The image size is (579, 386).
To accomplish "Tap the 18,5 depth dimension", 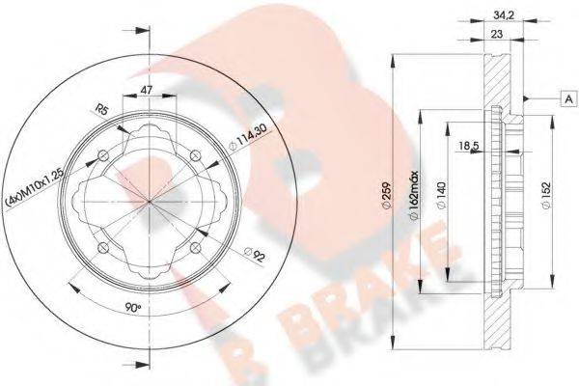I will pyautogui.click(x=470, y=145).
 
